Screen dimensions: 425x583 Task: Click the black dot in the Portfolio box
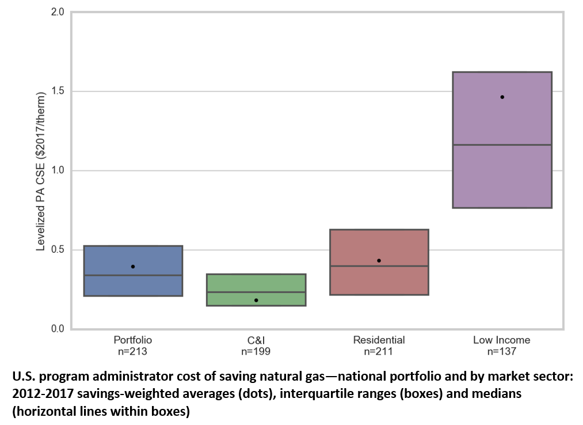pos(133,267)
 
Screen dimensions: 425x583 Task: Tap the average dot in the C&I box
pos(256,300)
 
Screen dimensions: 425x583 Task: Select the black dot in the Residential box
pos(379,261)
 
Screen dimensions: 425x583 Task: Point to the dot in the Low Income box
pos(502,97)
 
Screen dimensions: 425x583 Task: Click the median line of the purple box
pos(502,145)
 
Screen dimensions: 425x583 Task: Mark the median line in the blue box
pos(133,275)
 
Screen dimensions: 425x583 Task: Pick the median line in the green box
pos(256,292)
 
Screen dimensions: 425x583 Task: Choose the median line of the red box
pos(379,266)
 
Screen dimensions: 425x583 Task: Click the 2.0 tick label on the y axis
pos(58,12)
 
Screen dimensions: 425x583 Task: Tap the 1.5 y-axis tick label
pos(58,91)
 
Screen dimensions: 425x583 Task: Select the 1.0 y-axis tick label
pos(58,170)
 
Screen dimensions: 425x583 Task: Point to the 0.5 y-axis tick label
pos(58,250)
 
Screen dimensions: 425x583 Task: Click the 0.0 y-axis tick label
pos(58,329)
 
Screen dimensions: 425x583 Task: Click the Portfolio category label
pos(133,340)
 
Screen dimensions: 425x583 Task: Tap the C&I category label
pos(256,340)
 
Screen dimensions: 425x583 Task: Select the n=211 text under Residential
pos(379,350)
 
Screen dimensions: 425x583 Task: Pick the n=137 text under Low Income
pos(502,350)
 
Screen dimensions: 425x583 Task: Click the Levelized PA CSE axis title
pos(41,170)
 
